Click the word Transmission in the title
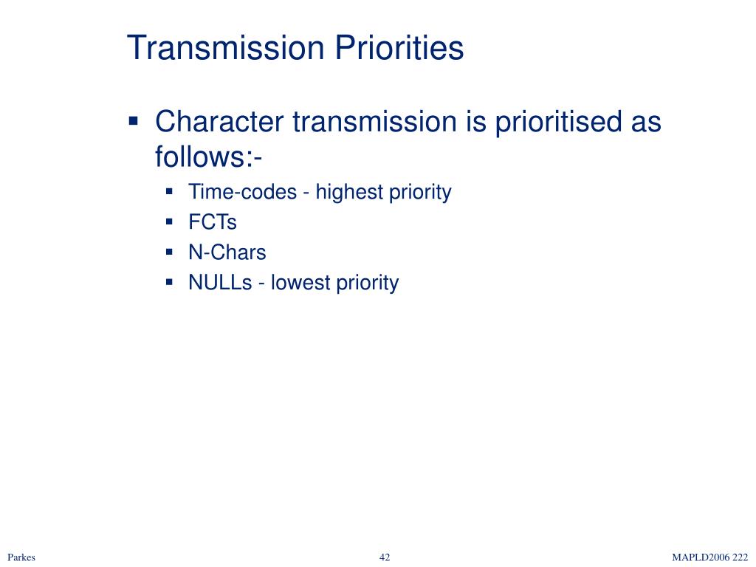pos(226,47)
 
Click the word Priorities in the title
pos(399,47)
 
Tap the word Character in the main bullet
pos(219,121)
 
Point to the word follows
pos(202,157)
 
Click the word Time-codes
pos(242,192)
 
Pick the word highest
pos(349,193)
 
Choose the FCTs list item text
pos(213,222)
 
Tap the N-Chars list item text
pos(227,252)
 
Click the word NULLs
pos(220,283)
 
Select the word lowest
pos(300,283)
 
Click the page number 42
pos(385,557)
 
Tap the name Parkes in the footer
pos(21,557)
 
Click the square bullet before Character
pos(134,120)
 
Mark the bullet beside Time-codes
pos(169,192)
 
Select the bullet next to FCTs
pos(169,222)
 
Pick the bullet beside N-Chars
pos(169,252)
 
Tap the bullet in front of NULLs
pos(169,283)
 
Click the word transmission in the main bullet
pos(374,121)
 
